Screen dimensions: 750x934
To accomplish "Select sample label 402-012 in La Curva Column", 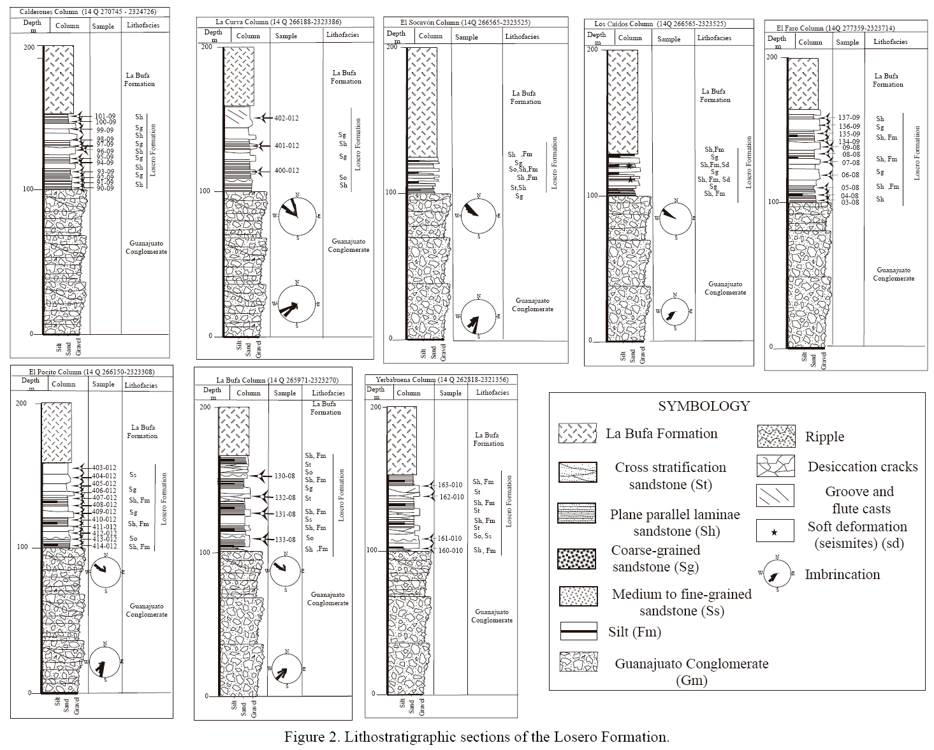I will (286, 118).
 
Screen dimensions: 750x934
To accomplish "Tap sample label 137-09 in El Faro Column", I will (849, 117).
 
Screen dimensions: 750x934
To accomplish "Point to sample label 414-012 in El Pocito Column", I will (104, 546).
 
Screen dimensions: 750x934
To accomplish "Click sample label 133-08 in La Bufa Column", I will (284, 540).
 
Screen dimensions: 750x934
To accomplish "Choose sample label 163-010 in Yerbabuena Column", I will (450, 485).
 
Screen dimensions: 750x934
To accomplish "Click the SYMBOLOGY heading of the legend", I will (704, 406).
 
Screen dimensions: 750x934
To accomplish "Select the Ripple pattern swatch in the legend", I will (775, 436).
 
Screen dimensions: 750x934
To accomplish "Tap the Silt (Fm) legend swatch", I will (578, 631).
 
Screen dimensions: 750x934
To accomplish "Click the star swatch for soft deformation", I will (775, 532).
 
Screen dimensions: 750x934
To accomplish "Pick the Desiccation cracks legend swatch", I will (775, 466).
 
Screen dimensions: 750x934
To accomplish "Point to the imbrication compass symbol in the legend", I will (777, 574).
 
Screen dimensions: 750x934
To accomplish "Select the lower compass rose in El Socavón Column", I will (479, 316).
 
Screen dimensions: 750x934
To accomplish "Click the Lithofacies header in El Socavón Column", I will (522, 36).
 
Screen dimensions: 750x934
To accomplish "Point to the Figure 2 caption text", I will (476, 737).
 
